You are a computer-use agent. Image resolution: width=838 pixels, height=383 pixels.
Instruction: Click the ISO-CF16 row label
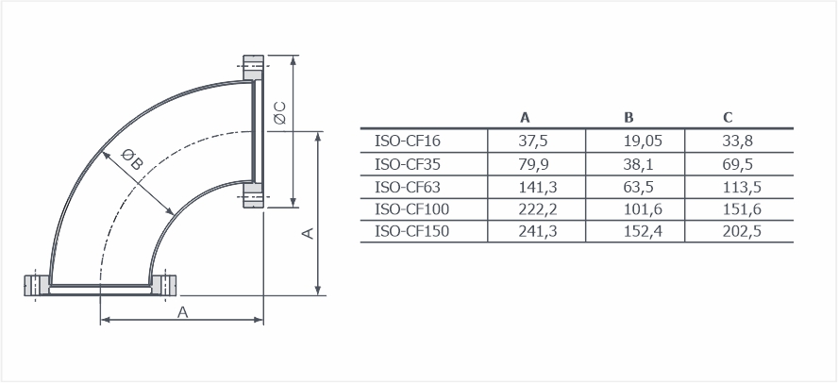pos(408,141)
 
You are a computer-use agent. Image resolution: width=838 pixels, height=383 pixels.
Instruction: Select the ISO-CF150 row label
pos(411,231)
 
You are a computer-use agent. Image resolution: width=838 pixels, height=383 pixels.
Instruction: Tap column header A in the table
pos(525,118)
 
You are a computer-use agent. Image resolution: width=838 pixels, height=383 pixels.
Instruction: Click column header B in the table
pos(628,118)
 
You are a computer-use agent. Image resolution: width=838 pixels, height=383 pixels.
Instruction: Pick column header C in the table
pos(728,118)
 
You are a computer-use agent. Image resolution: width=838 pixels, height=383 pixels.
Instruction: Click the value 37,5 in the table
pos(533,141)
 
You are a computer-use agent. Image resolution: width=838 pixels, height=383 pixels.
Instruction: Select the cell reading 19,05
pos(643,141)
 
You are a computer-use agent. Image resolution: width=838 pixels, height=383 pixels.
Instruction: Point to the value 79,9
pos(533,164)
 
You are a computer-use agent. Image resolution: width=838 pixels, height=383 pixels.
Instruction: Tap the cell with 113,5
pos(741,187)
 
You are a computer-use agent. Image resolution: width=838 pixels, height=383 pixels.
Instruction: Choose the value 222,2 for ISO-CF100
pos(538,209)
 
